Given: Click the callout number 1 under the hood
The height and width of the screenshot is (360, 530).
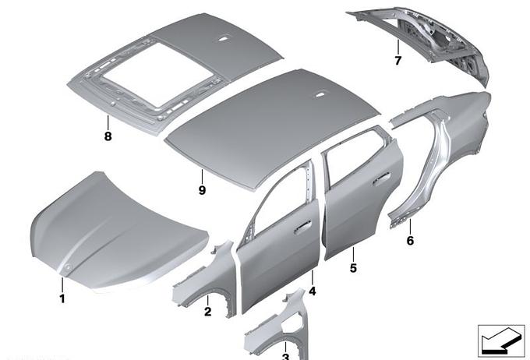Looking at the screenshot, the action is tap(62, 298).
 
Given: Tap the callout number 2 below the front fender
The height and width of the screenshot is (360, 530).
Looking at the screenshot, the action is tap(207, 312).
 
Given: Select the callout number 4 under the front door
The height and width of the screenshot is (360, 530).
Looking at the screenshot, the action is tap(313, 291).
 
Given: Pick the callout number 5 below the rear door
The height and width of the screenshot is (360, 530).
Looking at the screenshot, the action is tap(353, 268).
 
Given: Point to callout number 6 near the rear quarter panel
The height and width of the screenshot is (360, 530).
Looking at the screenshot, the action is tap(410, 241).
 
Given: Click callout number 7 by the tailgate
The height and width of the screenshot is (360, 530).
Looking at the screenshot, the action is tap(398, 61).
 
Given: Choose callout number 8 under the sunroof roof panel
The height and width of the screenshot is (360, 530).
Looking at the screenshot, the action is tap(108, 136).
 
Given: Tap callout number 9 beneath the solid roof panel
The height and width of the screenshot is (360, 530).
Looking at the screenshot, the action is tap(202, 190).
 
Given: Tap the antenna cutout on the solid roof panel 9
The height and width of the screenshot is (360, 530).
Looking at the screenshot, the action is tap(320, 96).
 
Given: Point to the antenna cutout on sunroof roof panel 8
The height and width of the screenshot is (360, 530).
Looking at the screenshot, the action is tap(223, 39).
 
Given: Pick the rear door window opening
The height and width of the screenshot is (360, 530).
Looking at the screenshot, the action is tap(359, 153).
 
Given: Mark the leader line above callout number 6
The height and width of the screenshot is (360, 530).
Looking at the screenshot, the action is tap(410, 227).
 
